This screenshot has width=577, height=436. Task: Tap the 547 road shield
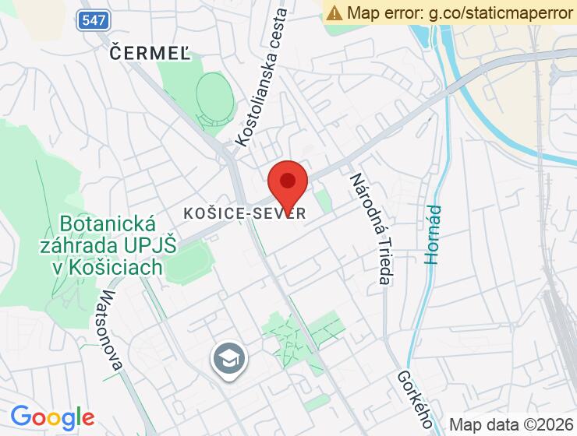pos(93,21)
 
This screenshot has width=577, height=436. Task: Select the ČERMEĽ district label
pos(150,52)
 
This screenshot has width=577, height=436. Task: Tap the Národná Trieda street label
pos(368,227)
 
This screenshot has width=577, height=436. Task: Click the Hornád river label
pos(434,234)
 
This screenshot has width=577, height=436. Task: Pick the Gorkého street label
pos(415,399)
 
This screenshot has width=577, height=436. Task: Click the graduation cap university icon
pos(229,359)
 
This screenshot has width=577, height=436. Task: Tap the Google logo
pos(52,417)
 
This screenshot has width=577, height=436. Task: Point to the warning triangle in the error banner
pos(335,12)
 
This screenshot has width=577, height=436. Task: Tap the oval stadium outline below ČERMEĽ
pos(214,101)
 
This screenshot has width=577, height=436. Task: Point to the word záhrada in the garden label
pos(76,246)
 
